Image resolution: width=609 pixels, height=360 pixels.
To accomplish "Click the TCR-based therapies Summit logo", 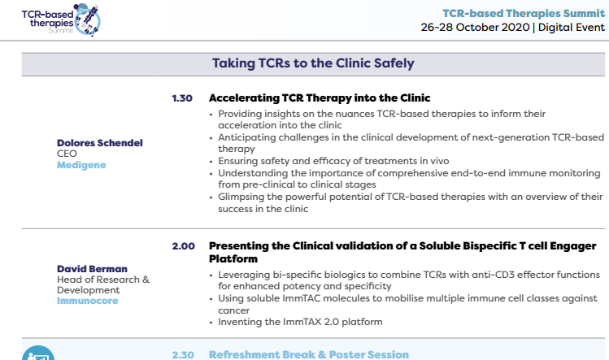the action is point(61,20).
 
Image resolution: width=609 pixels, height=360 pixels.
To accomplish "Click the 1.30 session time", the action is point(182,98).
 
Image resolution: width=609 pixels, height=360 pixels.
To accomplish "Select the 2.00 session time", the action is point(183,246).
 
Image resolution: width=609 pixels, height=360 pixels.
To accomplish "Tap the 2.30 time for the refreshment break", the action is point(183,354).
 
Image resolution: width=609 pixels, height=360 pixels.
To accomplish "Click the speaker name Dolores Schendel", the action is point(100,143).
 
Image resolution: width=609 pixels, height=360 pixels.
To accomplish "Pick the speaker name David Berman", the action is point(92,269).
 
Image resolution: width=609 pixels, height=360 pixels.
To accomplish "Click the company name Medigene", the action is point(81,165).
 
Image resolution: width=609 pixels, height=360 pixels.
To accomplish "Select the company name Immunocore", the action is point(87,301).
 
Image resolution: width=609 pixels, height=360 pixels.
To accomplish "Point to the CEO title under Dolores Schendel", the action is point(67,154).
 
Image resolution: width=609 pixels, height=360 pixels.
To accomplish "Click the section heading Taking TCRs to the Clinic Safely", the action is point(313,63).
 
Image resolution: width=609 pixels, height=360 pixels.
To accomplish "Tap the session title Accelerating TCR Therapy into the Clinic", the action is point(320,98).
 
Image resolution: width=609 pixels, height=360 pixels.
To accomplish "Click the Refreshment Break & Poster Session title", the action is point(309,354).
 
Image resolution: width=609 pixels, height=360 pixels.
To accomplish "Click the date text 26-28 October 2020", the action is point(475,27).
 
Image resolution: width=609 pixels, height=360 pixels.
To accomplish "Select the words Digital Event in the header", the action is point(572,27).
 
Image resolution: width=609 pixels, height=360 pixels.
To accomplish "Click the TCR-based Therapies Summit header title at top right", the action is point(524,13).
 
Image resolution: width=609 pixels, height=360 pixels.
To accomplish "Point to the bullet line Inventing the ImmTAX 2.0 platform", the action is point(300,322).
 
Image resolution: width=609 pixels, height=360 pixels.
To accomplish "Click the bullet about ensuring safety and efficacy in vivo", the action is point(333,161).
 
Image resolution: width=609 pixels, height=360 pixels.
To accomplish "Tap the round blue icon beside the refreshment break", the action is point(38,353).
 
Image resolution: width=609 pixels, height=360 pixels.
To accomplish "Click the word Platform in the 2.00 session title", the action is point(233,259).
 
